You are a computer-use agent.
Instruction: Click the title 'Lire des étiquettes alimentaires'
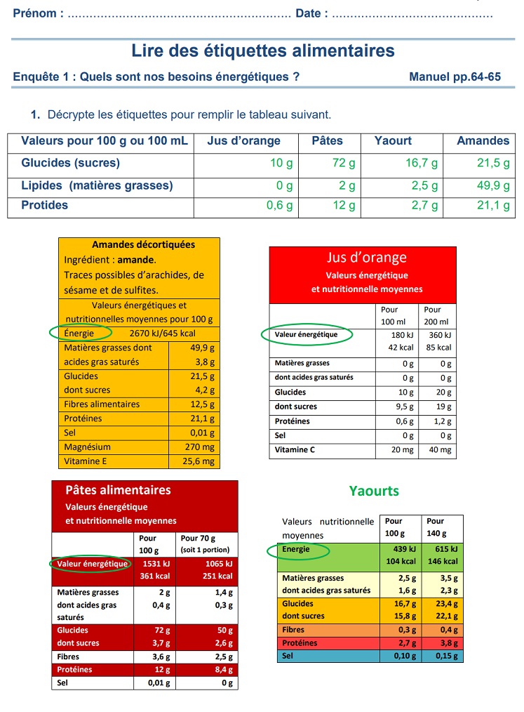pos(263,51)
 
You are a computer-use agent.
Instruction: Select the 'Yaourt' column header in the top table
pos(393,141)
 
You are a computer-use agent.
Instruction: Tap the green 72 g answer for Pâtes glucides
pos(344,164)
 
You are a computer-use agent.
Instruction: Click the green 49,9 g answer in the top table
pos(493,186)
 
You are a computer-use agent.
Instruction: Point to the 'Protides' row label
pos(45,206)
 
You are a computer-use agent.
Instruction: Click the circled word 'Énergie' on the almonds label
pos(78,334)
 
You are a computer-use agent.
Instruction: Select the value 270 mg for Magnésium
pos(202,447)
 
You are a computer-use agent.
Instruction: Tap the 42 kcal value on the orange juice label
pos(401,348)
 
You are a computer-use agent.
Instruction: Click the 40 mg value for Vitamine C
pos(441,450)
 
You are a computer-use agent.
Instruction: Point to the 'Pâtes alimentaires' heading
pos(118,490)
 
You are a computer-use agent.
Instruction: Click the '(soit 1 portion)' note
pos(205,550)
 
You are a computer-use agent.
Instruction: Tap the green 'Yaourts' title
pos(374,491)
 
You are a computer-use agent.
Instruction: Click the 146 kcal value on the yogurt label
pos(444,561)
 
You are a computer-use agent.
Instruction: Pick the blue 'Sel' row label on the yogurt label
pos(288,656)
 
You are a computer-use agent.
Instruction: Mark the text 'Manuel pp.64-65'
pos(455,77)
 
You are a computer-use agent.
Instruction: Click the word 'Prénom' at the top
pos(35,13)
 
